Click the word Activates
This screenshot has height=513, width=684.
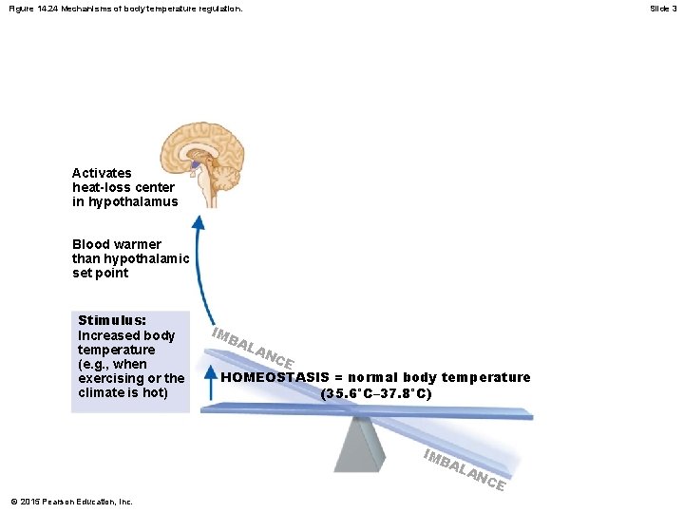pos(102,173)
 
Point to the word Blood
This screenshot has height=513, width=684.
pos(91,244)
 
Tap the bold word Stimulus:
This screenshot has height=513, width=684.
pos(111,321)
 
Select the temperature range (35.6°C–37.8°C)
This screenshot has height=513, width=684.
pos(376,392)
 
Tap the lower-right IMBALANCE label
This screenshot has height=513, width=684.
pos(463,468)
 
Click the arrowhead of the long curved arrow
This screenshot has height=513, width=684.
pos(198,223)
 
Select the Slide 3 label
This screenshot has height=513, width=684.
pos(663,8)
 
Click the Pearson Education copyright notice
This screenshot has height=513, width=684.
pos(71,502)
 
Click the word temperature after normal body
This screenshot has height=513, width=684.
pos(483,377)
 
